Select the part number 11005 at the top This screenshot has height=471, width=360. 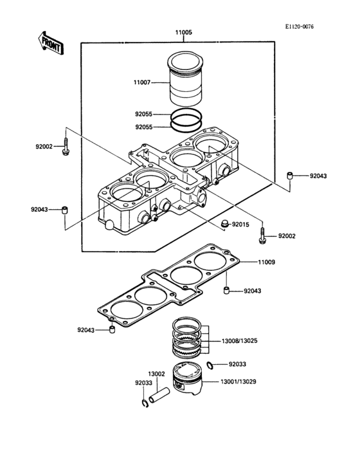coord(183,32)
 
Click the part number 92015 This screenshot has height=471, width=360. coord(240,225)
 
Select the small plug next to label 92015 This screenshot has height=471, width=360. coord(224,223)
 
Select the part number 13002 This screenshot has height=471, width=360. coord(156,374)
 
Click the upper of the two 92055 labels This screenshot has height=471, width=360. coord(143,114)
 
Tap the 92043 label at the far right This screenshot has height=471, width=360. coord(318,176)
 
